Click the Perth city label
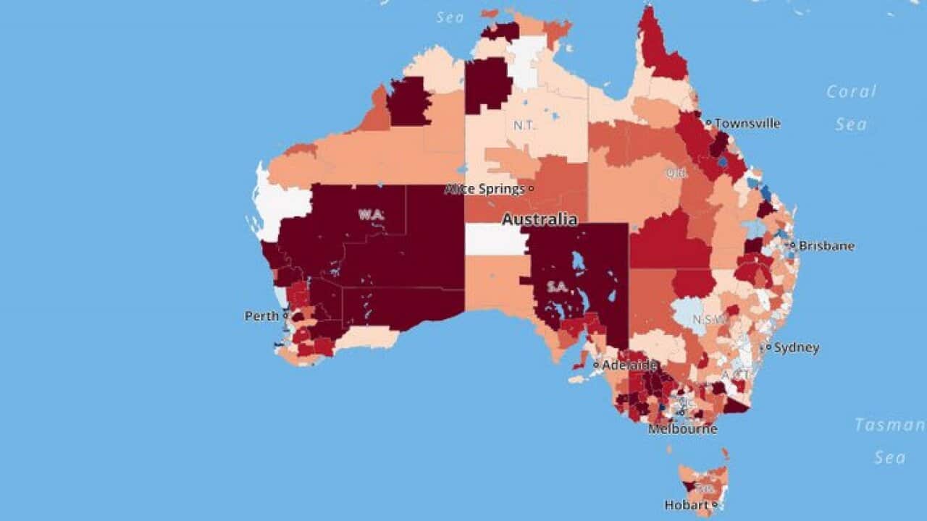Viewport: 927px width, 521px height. coord(261,316)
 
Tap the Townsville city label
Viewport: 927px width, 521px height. coord(747,124)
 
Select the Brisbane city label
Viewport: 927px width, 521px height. coord(826,246)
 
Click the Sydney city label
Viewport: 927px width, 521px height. coord(797,348)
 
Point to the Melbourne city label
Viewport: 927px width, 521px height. coord(682,429)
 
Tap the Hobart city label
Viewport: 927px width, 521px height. coord(687,505)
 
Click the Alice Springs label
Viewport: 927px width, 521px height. coord(485,190)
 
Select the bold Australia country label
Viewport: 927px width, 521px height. coord(540,219)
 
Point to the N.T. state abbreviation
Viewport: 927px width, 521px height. coord(524,125)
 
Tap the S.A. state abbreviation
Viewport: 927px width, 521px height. coord(558,287)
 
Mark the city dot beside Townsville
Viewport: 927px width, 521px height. coord(709,123)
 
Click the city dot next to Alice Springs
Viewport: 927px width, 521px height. coord(531,189)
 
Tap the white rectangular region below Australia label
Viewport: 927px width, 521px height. coord(496,240)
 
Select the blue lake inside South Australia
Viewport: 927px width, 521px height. coord(578,262)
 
